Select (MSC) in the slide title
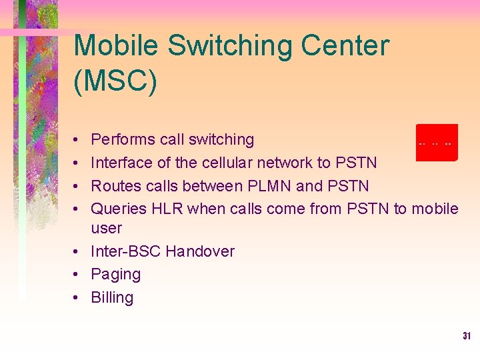(x=115, y=81)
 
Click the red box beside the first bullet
(x=437, y=142)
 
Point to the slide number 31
(x=467, y=337)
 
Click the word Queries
(x=119, y=209)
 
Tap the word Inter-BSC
(x=125, y=251)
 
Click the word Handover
(x=200, y=251)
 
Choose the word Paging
(x=116, y=275)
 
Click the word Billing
(x=112, y=297)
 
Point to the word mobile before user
(x=435, y=209)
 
